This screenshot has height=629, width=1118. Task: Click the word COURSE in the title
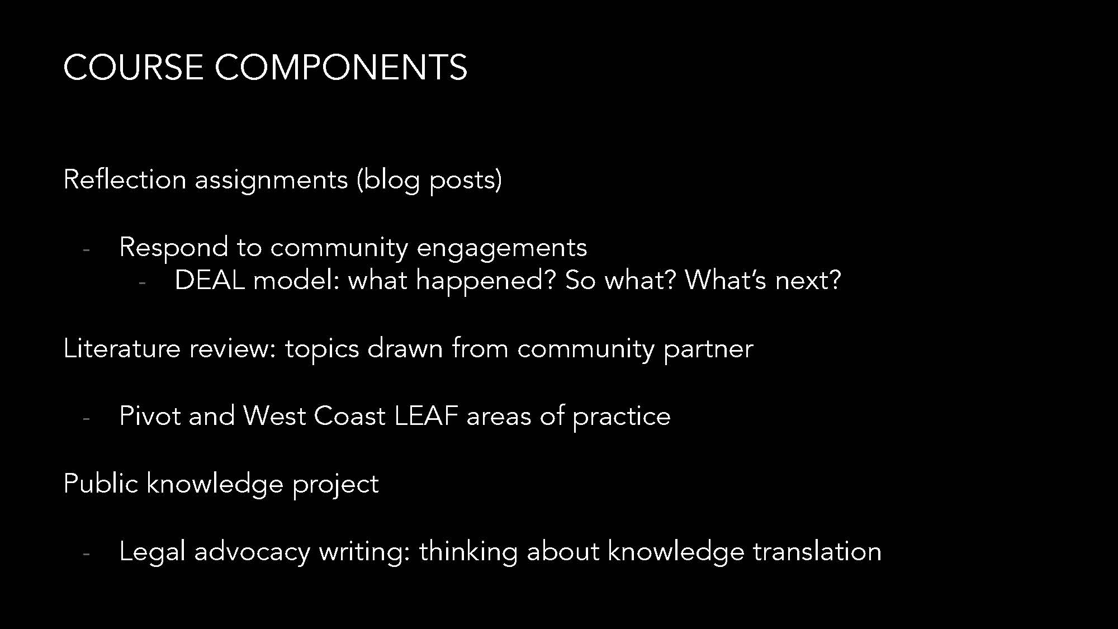[x=133, y=67]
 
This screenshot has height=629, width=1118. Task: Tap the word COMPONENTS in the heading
[x=341, y=67]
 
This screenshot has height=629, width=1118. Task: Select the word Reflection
[x=125, y=179]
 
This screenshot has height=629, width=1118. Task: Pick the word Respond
[x=174, y=248]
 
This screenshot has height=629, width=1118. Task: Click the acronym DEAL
[x=210, y=280]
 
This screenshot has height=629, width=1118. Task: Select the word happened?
[x=486, y=280]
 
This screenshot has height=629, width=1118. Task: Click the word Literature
[x=122, y=348]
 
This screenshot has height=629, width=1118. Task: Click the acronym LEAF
[x=426, y=416]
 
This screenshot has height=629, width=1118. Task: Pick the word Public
[x=101, y=483]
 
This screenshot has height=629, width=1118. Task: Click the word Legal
[x=153, y=552]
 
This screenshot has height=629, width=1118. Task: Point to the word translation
[x=817, y=551]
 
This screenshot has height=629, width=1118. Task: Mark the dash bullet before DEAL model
[x=142, y=283]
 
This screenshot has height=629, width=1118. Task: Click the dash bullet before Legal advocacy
[x=86, y=554]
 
